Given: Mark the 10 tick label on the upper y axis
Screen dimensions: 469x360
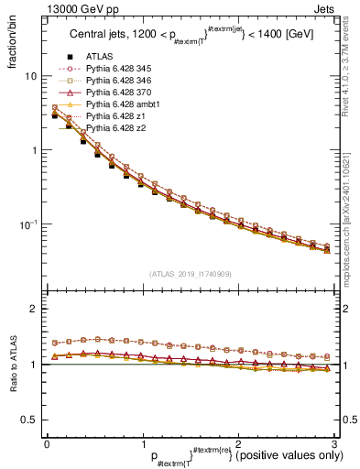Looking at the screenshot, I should pos(29,76).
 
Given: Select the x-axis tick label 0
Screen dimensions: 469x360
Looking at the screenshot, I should pos(47,442).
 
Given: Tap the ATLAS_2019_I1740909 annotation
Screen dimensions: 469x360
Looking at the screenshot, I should pos(190,273).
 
